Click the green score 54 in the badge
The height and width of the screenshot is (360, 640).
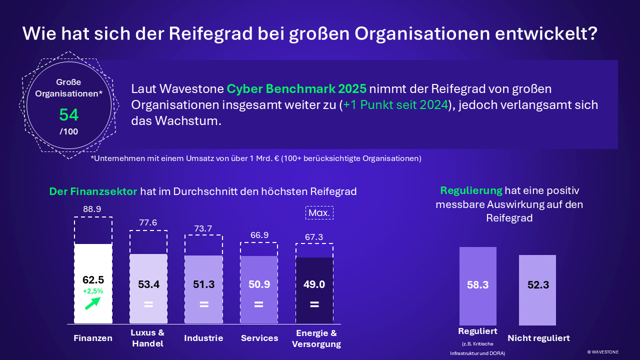69,115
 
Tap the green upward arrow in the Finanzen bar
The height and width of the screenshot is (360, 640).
92,303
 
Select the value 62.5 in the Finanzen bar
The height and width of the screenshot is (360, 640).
93,280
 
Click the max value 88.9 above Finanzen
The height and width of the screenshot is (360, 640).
92,209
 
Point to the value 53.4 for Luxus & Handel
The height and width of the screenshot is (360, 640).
148,284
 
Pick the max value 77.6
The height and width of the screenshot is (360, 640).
148,223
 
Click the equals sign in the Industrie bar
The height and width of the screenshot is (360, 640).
203,304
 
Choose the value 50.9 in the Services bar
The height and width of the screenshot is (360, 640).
258,284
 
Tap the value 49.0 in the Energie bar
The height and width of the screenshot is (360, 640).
314,284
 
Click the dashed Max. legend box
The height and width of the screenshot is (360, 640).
319,213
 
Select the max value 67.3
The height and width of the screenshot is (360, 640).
313,237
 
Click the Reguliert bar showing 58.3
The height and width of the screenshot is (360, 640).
477,285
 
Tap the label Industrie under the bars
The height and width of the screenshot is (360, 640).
203,338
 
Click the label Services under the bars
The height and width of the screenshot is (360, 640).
259,338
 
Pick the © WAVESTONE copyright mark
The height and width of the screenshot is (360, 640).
602,352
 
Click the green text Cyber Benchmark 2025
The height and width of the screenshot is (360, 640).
296,89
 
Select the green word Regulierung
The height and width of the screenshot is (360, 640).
471,190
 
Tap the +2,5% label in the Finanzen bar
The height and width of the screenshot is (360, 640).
93,290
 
